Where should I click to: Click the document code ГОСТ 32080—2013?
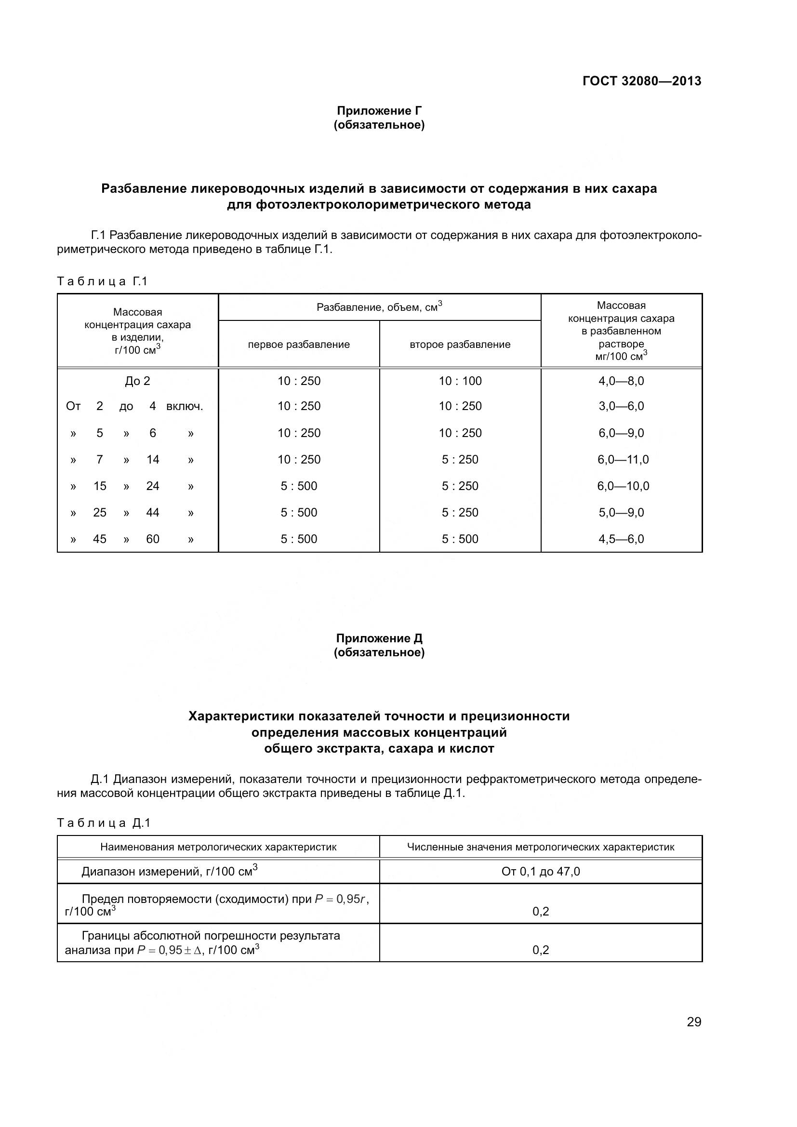coord(641,81)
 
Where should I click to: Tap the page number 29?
coord(694,1022)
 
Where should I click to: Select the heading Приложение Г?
coord(379,111)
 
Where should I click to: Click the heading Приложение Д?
coord(379,638)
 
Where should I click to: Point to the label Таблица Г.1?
coord(102,281)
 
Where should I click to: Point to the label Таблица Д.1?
coord(104,823)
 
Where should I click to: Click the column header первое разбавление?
coord(298,345)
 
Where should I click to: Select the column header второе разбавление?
coord(460,345)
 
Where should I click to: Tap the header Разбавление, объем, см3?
coord(379,307)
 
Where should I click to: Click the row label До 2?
coord(137,381)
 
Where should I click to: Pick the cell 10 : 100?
coord(460,381)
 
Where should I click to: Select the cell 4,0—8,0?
coord(621,381)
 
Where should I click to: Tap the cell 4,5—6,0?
coord(621,539)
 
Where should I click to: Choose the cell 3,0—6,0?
coord(621,406)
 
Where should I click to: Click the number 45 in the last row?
coord(100,539)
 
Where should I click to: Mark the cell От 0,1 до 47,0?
coord(540,872)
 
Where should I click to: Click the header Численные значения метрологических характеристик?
coord(540,847)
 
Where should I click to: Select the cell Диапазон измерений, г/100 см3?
coord(169,872)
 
